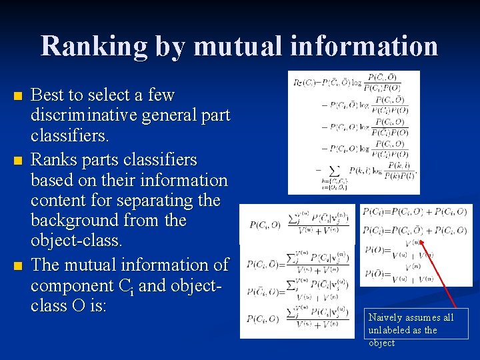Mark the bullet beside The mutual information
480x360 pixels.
coord(17,266)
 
